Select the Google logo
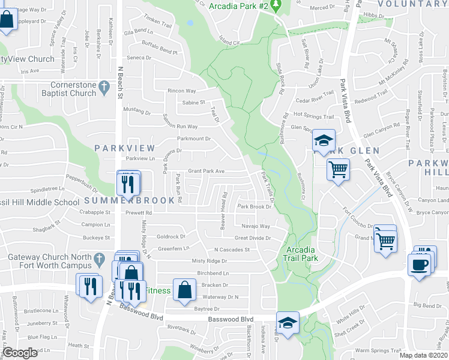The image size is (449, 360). (20, 353)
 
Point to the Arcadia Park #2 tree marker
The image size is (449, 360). (276, 5)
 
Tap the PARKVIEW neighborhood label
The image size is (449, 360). (124, 148)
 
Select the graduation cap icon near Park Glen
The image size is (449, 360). (324, 142)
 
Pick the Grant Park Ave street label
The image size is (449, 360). (206, 171)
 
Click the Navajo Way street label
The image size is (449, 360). (256, 226)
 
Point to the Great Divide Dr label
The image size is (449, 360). (253, 238)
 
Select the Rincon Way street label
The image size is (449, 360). (182, 91)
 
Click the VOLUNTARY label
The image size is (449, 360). (413, 4)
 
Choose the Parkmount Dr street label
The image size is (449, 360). (194, 139)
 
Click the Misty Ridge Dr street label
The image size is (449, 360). (209, 261)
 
